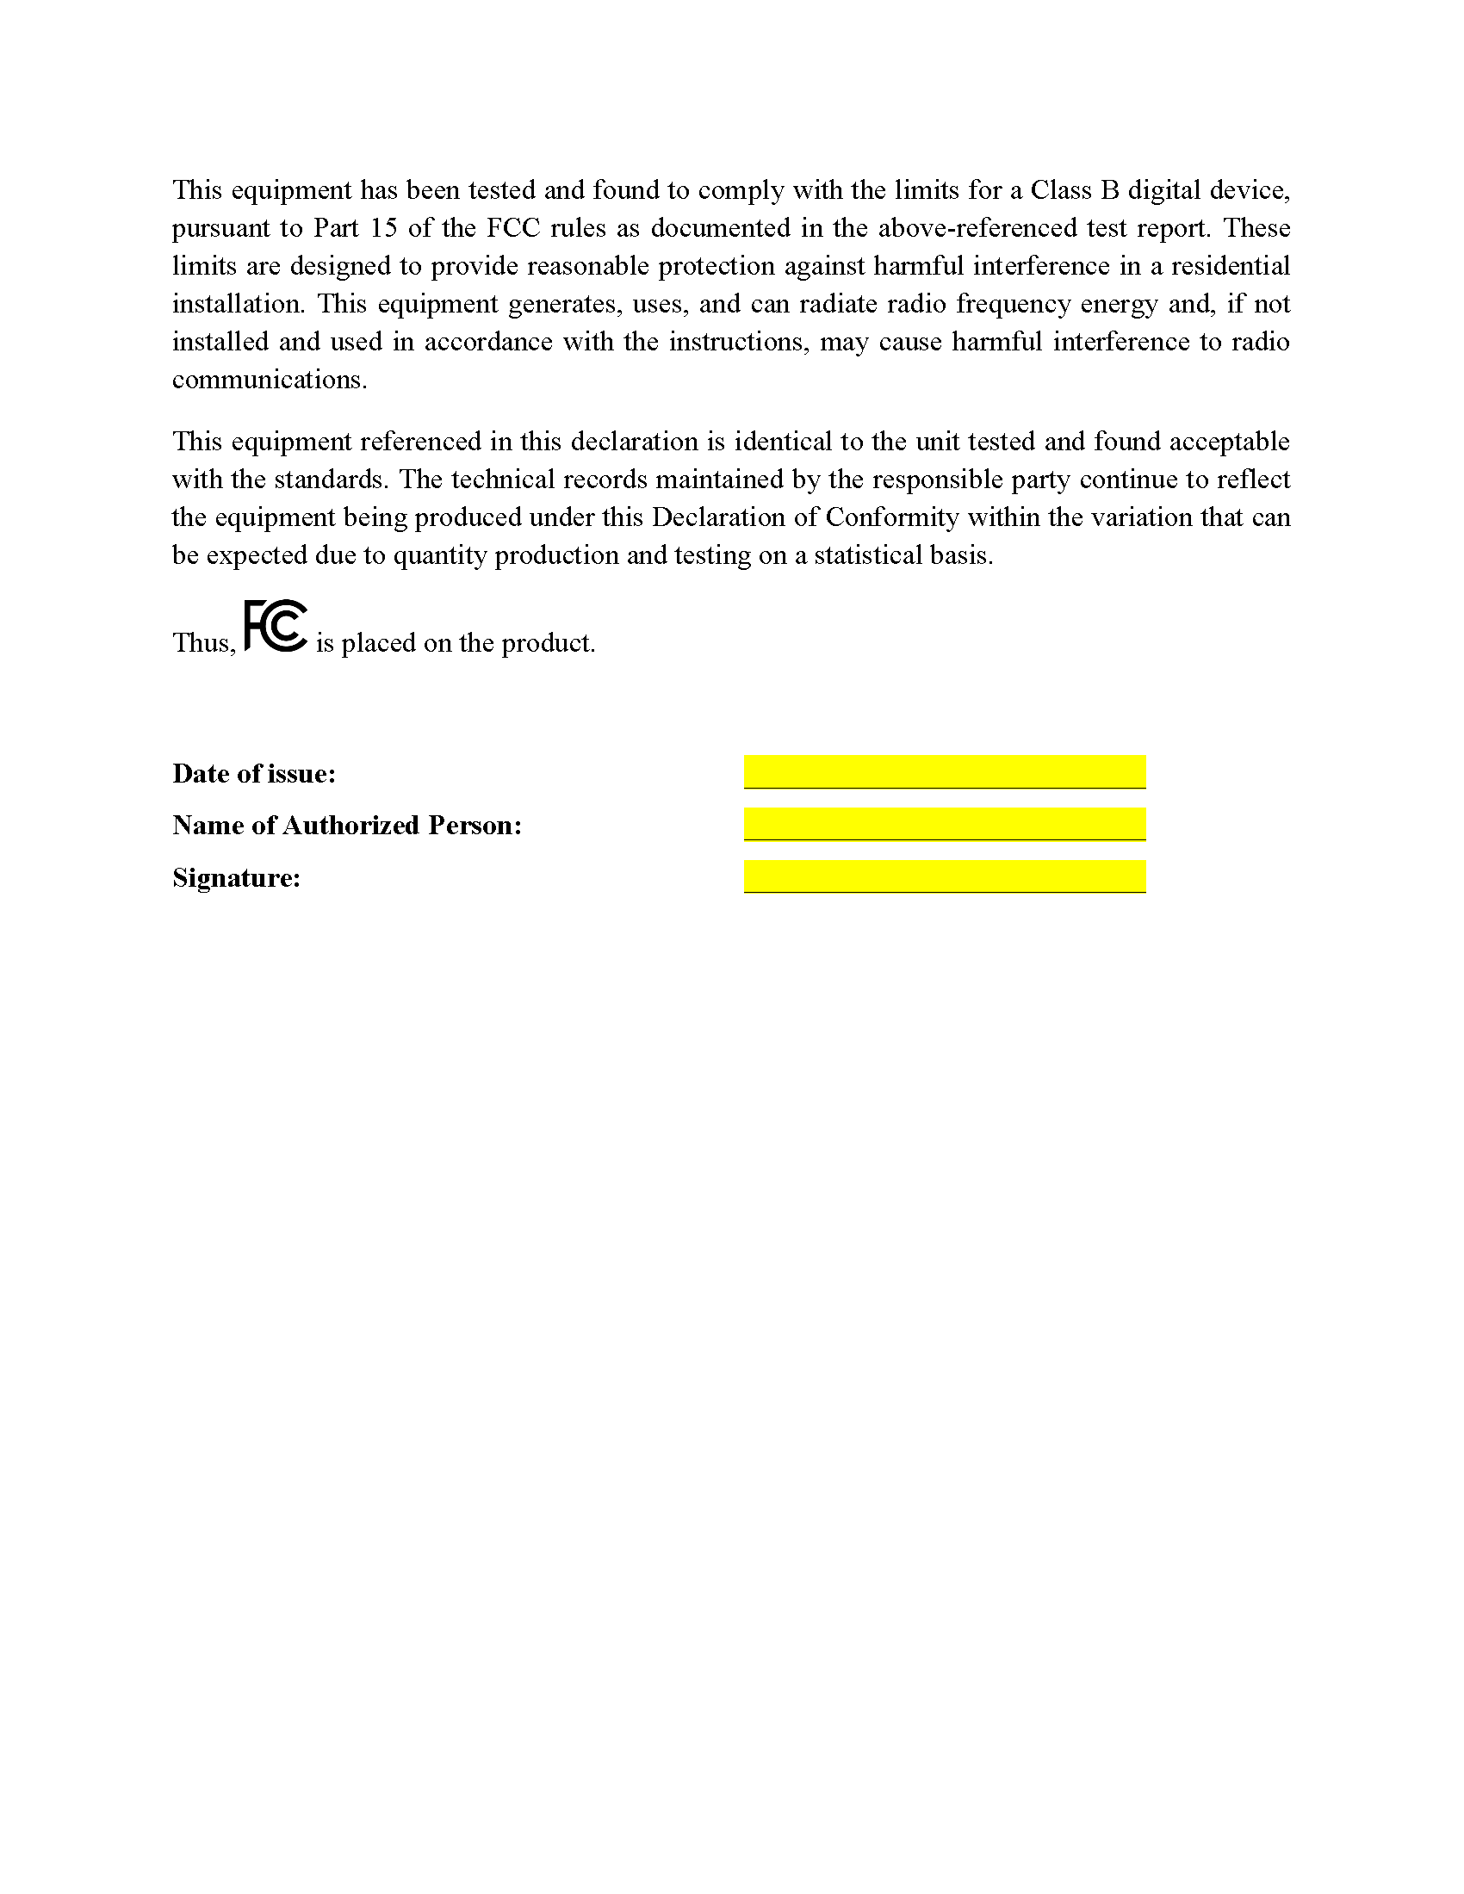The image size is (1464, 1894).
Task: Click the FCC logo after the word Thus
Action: (x=276, y=626)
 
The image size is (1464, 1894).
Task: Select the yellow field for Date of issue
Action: (x=945, y=771)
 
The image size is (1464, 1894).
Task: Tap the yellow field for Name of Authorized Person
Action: (x=945, y=824)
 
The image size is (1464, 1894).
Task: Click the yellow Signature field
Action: (x=945, y=876)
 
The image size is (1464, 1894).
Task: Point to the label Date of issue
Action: (x=254, y=774)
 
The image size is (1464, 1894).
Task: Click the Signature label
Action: (x=236, y=878)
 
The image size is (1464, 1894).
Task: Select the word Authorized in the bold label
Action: (x=350, y=825)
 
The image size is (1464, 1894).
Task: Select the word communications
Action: (x=269, y=380)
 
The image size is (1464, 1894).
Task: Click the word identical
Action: (x=782, y=442)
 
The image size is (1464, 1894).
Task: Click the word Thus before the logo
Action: (x=204, y=642)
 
